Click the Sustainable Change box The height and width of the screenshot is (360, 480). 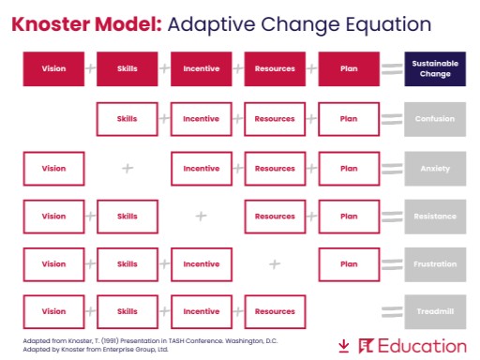(434, 68)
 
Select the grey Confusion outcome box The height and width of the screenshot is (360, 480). (434, 119)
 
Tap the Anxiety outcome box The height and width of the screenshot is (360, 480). (434, 169)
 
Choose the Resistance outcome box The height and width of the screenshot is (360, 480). (434, 216)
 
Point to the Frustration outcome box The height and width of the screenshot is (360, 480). (434, 264)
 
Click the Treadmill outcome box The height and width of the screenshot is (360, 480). (434, 311)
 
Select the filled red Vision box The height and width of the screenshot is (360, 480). (53, 68)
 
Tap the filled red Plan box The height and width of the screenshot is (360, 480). (349, 68)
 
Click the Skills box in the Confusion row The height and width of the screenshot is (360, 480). (127, 119)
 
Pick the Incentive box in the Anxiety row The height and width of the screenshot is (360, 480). (202, 169)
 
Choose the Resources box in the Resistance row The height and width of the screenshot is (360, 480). (275, 216)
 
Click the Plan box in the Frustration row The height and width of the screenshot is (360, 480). (349, 264)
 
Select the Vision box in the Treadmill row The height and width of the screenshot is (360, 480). (53, 311)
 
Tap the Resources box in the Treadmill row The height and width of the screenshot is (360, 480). (275, 311)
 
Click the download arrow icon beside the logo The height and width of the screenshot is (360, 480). (344, 346)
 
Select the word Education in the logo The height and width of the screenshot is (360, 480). (422, 345)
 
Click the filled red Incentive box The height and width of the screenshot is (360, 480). (202, 68)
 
